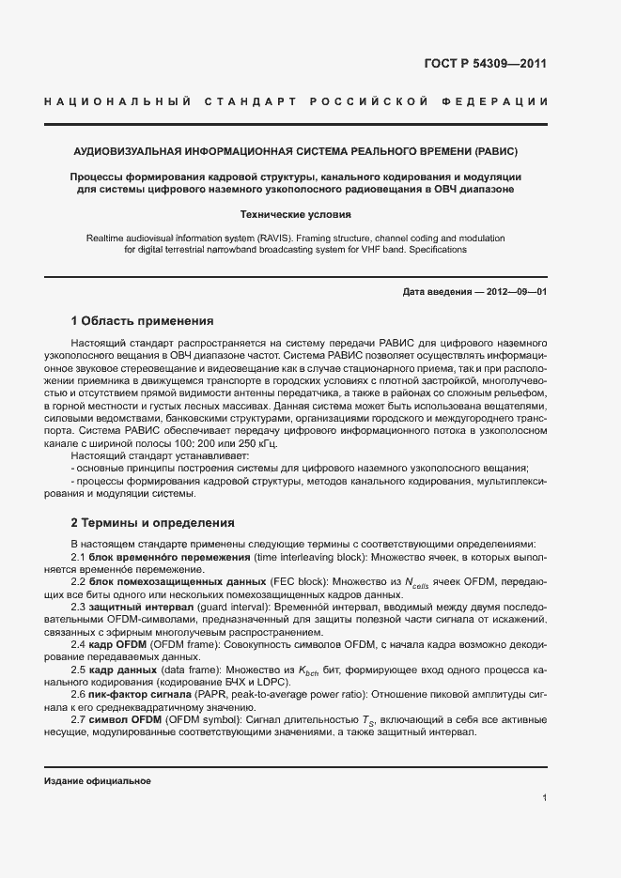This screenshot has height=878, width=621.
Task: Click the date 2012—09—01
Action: point(516,292)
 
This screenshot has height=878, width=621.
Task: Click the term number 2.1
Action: point(79,557)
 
